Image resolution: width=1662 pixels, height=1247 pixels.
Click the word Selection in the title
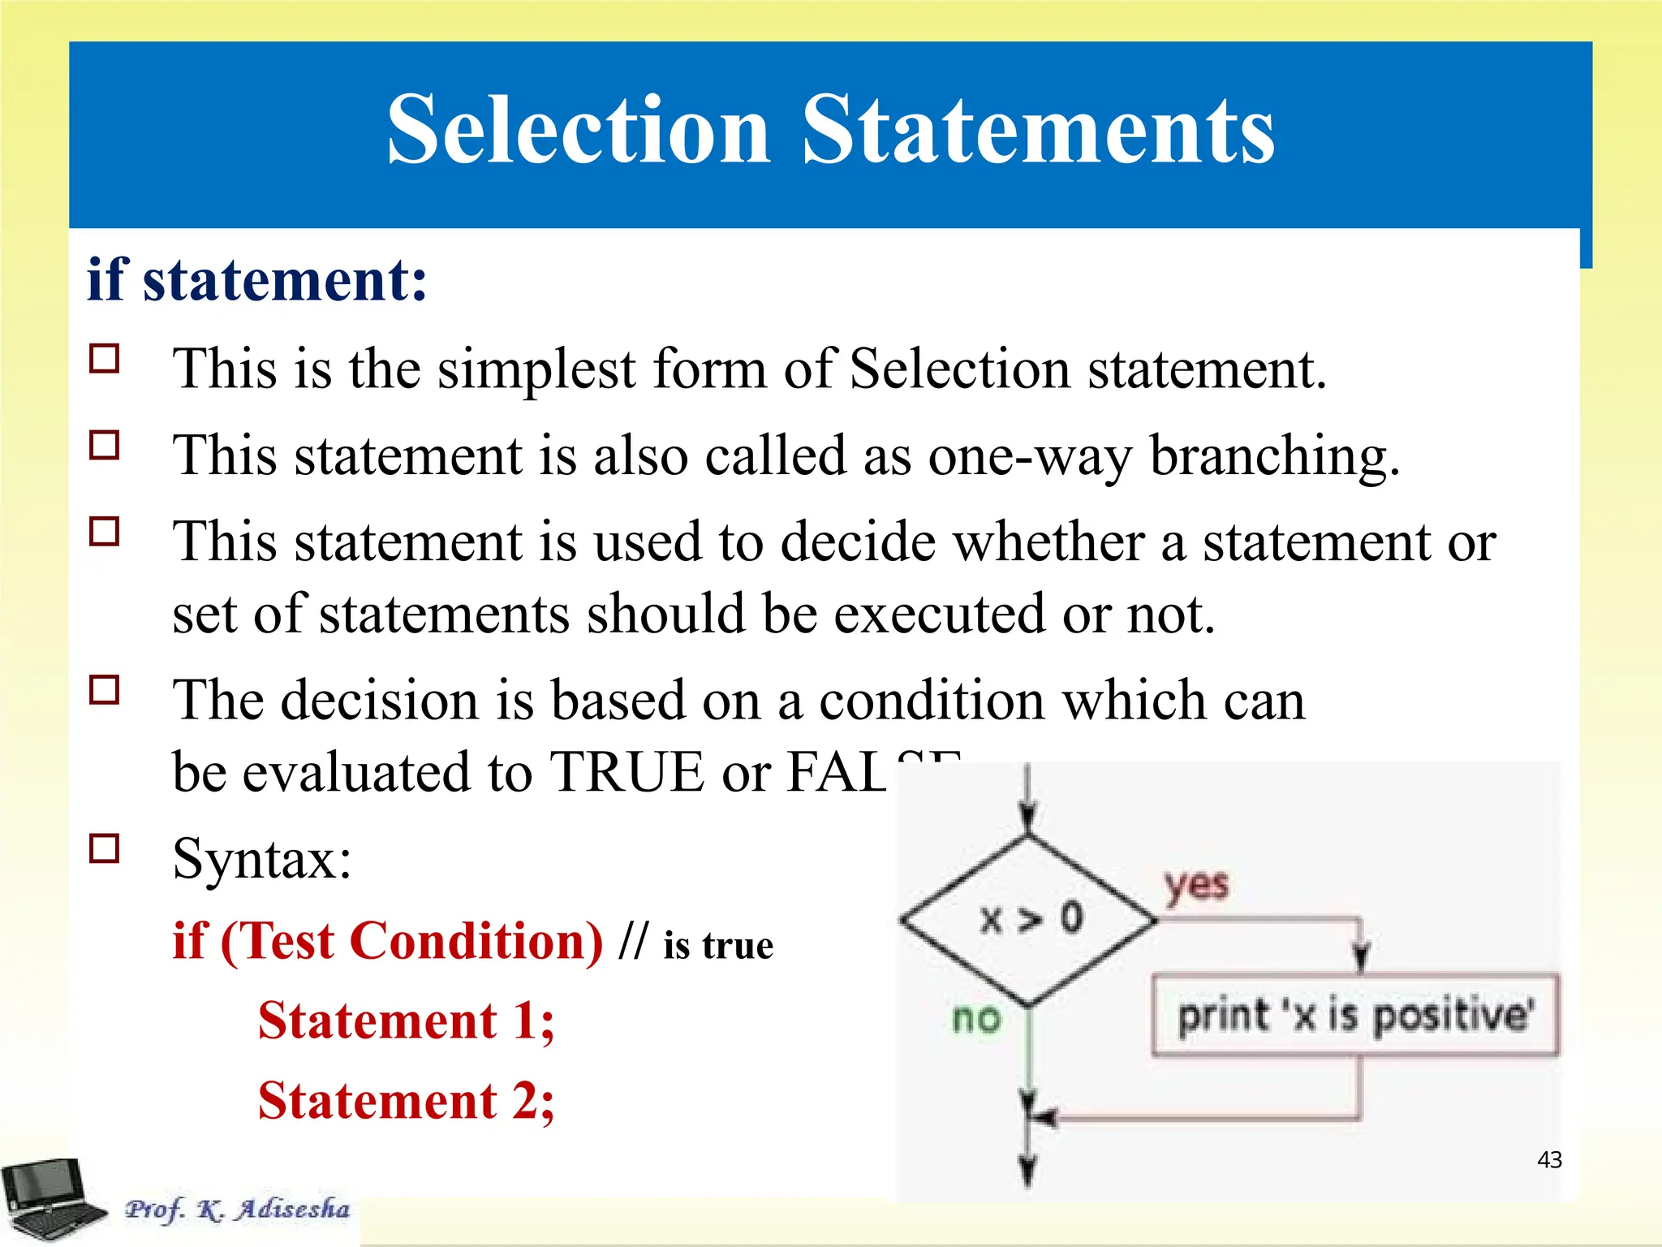pos(578,130)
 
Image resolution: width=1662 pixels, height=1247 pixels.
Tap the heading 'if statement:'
pos(256,280)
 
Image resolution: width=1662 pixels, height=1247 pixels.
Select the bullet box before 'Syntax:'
pos(105,848)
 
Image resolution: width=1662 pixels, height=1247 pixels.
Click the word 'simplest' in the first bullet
pos(536,369)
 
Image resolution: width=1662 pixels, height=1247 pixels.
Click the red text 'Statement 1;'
pos(406,1020)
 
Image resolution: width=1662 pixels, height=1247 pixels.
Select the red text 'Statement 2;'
pos(406,1101)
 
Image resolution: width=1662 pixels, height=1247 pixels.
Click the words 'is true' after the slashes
pos(717,946)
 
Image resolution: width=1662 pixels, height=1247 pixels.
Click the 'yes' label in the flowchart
pos(1196,885)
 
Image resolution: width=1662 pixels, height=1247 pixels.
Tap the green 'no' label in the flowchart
pos(976,1018)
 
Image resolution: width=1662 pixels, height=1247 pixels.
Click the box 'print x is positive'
pos(1354,1016)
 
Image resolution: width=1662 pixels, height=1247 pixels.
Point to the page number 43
pos(1549,1159)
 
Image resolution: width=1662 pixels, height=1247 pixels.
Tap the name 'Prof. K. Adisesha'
pos(237,1209)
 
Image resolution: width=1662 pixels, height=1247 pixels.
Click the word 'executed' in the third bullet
pos(940,615)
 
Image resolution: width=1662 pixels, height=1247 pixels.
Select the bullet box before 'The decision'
pos(105,690)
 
